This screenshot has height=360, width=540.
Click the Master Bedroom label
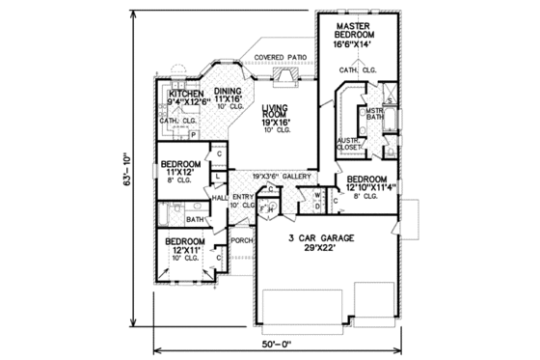pos(355,28)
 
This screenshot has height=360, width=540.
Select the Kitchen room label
pos(185,93)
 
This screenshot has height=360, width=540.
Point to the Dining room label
pos(228,91)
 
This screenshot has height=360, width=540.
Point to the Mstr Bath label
pos(374,115)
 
